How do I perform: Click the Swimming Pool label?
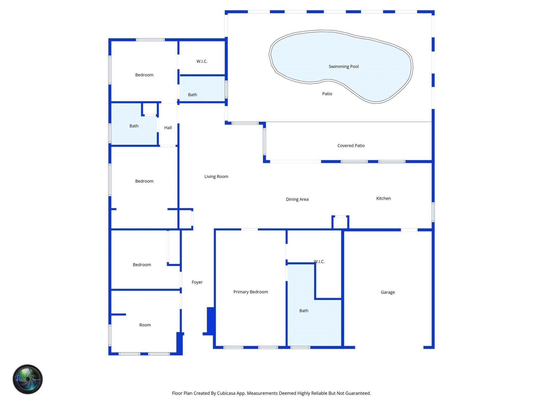coord(344,67)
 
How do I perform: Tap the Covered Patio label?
coord(351,146)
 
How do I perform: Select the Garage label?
coord(387,292)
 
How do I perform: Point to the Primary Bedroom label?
coord(251,292)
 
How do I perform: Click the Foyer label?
coord(197,282)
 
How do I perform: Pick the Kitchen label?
coord(383,198)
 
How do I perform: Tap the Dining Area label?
coord(297,199)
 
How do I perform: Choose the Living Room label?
coord(216,177)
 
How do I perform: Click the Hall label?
coord(168,128)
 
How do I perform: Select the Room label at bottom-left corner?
coord(145,325)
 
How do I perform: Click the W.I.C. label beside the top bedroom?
coord(202,61)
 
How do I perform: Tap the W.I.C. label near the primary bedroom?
coord(319,262)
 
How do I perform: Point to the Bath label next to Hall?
coord(134,126)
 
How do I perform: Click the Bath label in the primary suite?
coord(304,311)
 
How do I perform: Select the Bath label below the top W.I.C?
coord(193,95)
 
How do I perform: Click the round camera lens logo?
coord(28,379)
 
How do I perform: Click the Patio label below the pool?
coord(327,94)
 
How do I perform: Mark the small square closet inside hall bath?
coord(150,109)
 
